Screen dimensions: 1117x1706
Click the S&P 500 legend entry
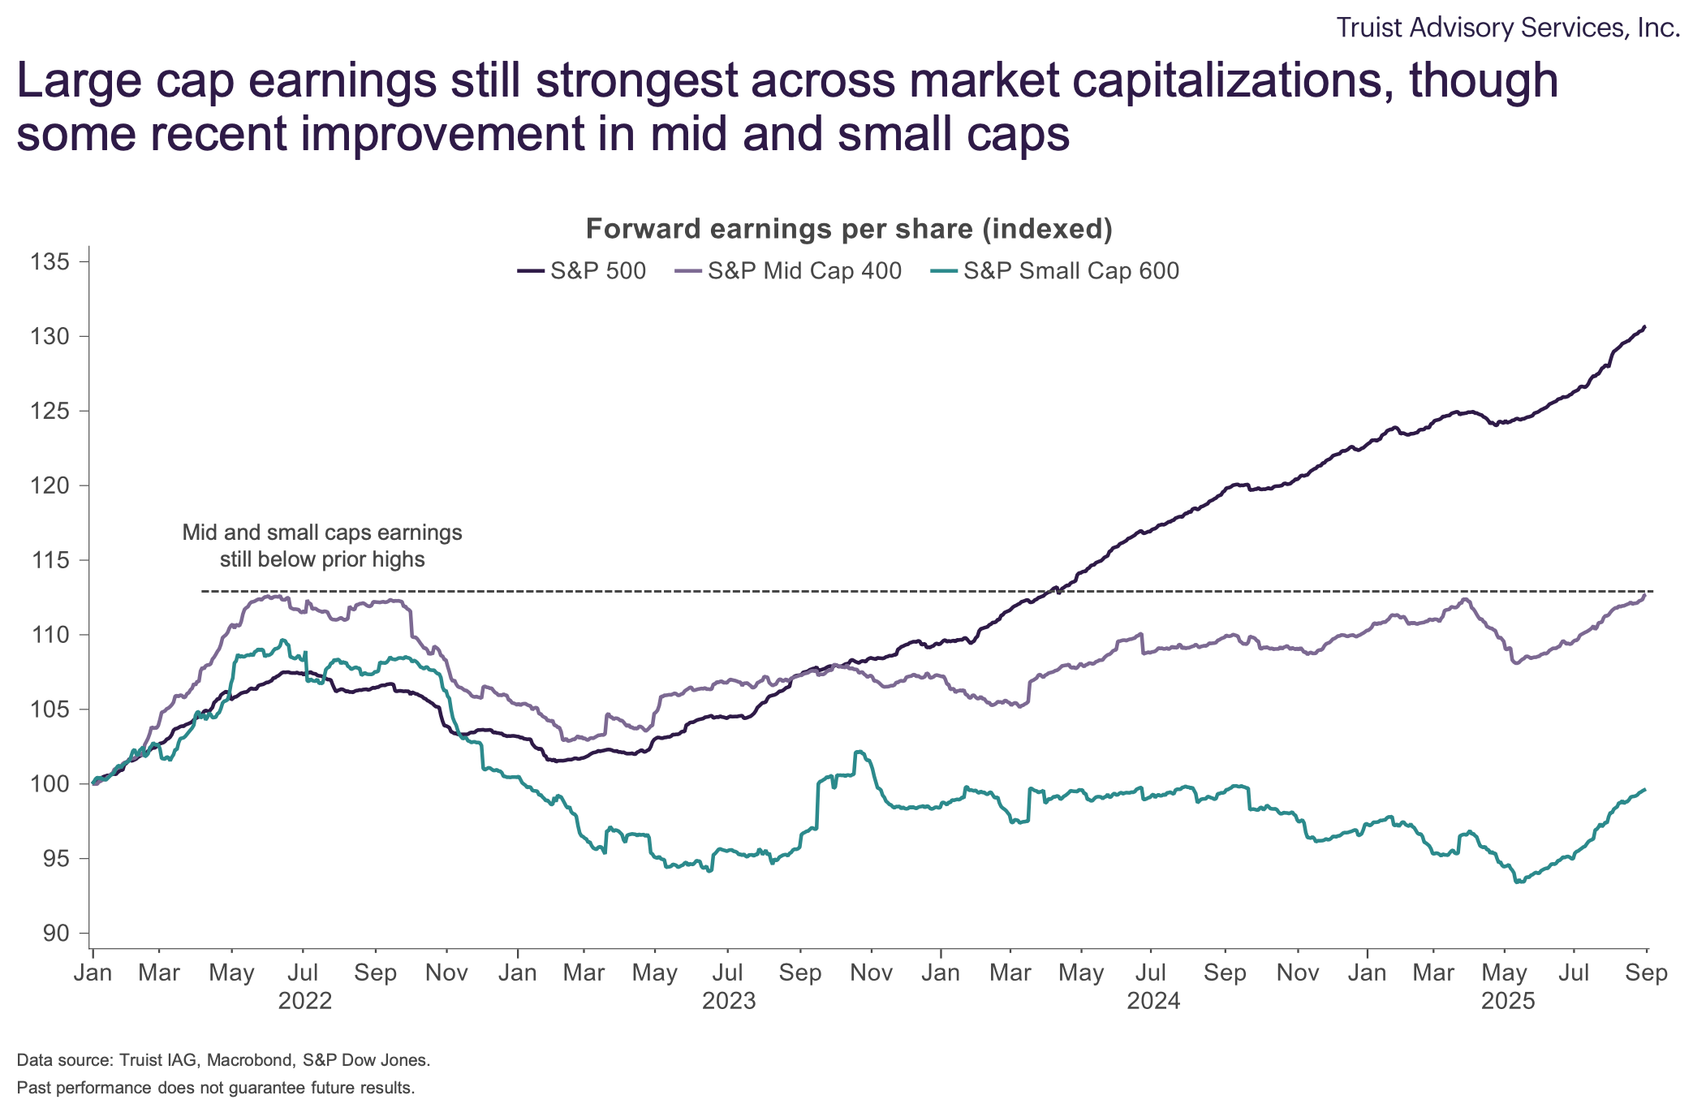pos(582,270)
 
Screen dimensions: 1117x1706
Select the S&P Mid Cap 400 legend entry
pos(788,270)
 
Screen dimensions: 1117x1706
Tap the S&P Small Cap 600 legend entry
pos(1053,270)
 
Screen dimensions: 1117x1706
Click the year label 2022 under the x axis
pos(305,1001)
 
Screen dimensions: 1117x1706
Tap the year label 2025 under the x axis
pos(1508,1001)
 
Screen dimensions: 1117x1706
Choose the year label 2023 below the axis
pos(729,1001)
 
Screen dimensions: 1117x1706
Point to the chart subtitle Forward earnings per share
pos(849,229)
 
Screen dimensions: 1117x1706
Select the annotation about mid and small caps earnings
pos(322,546)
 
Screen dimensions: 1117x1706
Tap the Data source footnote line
pos(223,1059)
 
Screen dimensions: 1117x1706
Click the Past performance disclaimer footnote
pos(216,1088)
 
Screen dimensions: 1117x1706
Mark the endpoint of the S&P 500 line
pos(1644,327)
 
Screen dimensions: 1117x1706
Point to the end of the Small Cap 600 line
pos(1644,790)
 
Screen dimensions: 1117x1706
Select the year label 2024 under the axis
pos(1153,1001)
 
